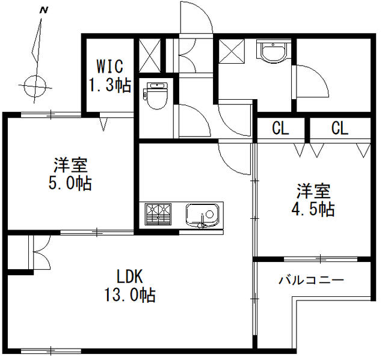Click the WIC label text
click(x=109, y=66)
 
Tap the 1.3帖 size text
click(x=109, y=85)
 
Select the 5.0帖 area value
click(x=70, y=183)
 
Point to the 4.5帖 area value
click(x=313, y=209)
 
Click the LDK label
click(x=129, y=276)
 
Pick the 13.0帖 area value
click(x=130, y=294)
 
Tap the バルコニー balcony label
click(x=311, y=280)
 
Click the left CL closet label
click(x=280, y=128)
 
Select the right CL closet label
click(x=340, y=128)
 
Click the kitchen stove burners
click(x=158, y=214)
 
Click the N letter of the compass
click(x=44, y=10)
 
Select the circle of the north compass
click(x=35, y=86)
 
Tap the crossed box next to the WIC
click(x=150, y=55)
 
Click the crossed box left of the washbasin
click(x=232, y=51)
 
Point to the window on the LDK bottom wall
click(x=51, y=351)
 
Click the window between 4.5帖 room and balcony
click(x=321, y=259)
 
